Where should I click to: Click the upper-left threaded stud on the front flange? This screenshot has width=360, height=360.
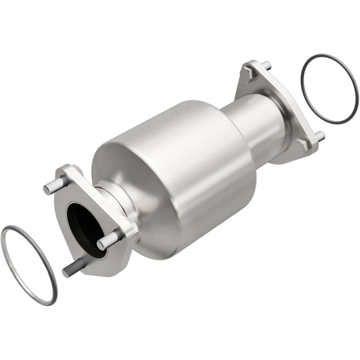[x=54, y=186]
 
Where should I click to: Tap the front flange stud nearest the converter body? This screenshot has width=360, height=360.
[x=110, y=239]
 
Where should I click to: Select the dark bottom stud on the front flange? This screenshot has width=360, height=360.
[x=73, y=267]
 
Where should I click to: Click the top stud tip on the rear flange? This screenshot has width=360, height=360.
[x=267, y=65]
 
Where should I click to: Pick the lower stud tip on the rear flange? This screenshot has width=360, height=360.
[x=319, y=137]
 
